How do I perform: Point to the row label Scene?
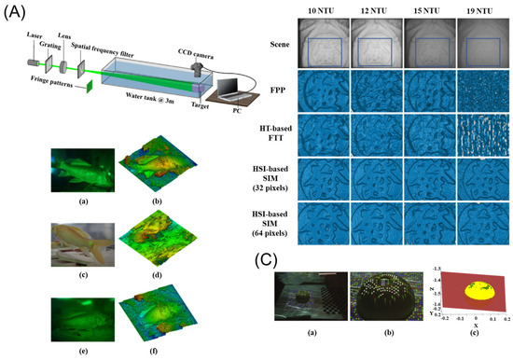(x=271, y=39)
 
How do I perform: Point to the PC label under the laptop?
(x=229, y=113)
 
